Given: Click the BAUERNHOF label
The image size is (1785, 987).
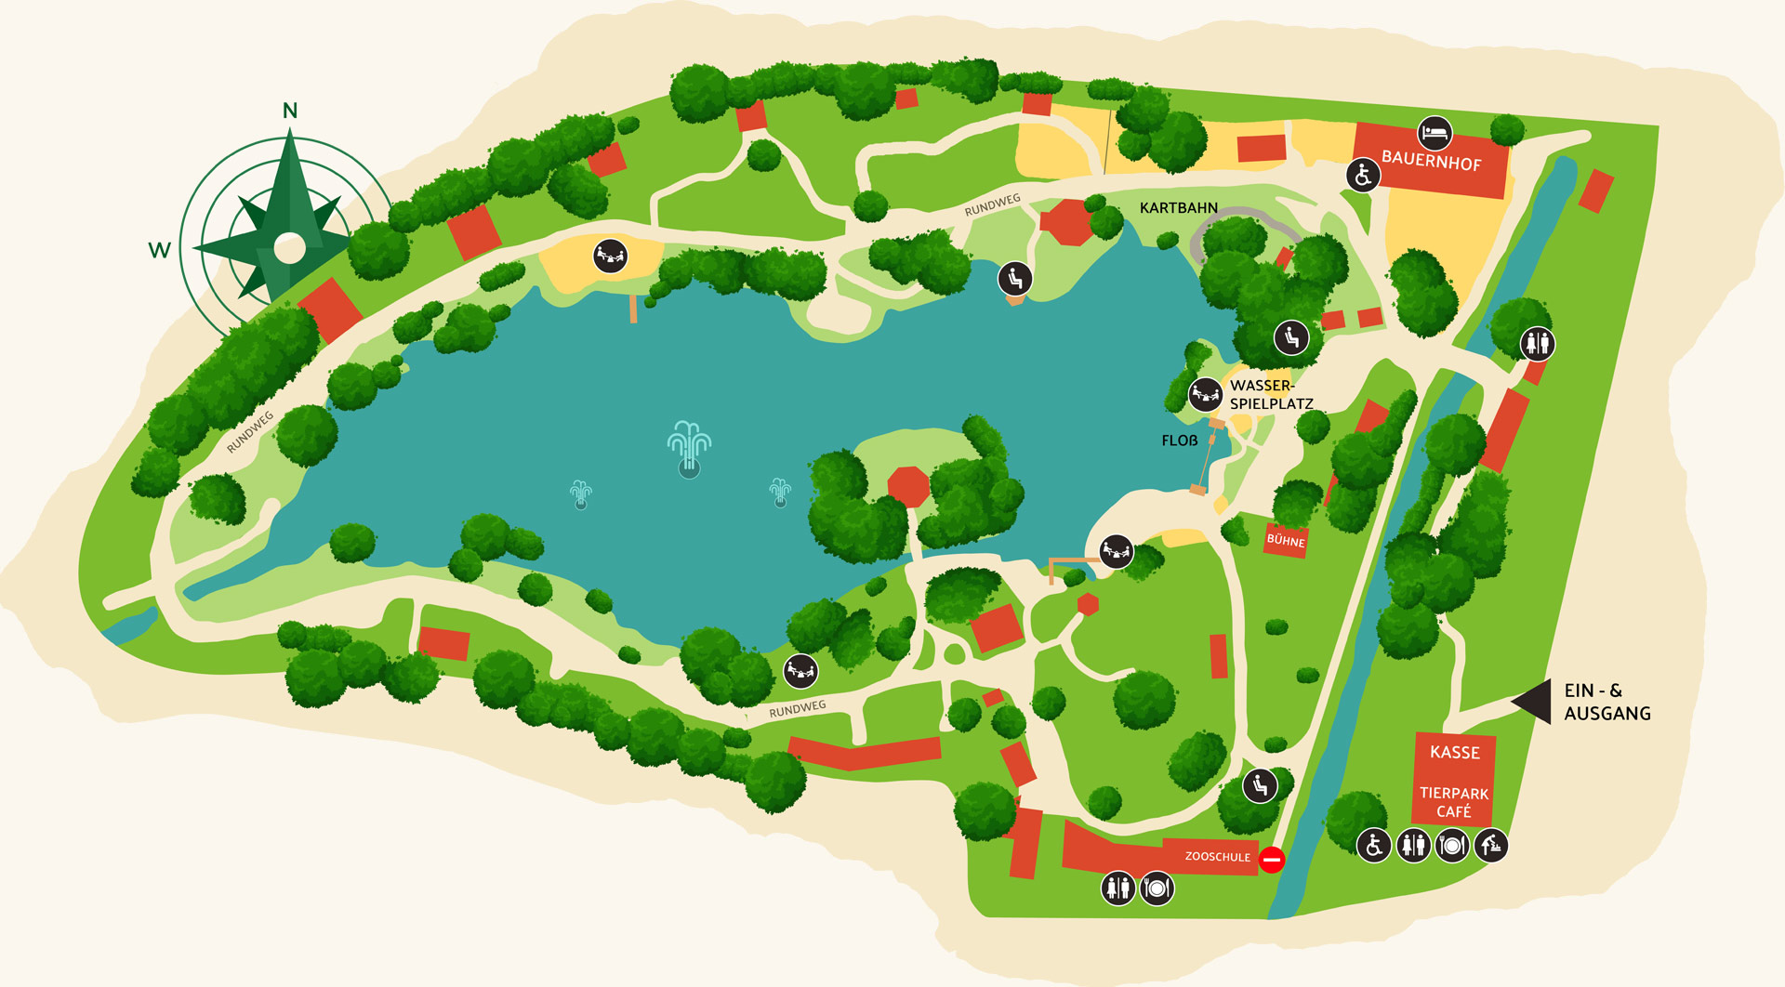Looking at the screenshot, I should tap(1431, 161).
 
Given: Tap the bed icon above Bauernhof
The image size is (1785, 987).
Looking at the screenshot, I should tap(1435, 133).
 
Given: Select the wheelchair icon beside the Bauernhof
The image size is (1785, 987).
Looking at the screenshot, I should tap(1363, 174).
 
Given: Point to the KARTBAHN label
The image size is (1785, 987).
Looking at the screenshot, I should tap(1178, 208).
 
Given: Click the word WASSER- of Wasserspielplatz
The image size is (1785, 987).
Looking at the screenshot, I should tap(1262, 386).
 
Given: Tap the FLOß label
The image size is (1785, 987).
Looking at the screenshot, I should tap(1180, 441).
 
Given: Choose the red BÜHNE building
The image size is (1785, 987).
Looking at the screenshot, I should tap(1286, 540).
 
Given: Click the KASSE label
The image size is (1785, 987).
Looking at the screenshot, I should tap(1455, 752).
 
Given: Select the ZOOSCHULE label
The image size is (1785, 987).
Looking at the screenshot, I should tap(1217, 857).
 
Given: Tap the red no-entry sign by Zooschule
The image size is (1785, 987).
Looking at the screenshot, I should tap(1272, 860).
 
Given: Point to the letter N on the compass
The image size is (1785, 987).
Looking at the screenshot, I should tap(290, 111).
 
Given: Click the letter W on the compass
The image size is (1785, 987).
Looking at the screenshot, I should tap(159, 250).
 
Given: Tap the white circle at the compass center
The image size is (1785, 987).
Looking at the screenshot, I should tap(290, 248).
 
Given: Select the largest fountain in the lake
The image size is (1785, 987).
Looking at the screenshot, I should tap(689, 447).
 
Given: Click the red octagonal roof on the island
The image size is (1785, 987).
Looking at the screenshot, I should tap(908, 486).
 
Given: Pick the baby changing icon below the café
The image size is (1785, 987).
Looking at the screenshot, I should tap(1491, 846).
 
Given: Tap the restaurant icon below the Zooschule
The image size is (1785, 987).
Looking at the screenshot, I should tap(1157, 888).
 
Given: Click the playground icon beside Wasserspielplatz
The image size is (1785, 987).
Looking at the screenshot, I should tap(1205, 395).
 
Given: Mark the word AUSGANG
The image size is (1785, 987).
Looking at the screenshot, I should tap(1607, 714).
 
